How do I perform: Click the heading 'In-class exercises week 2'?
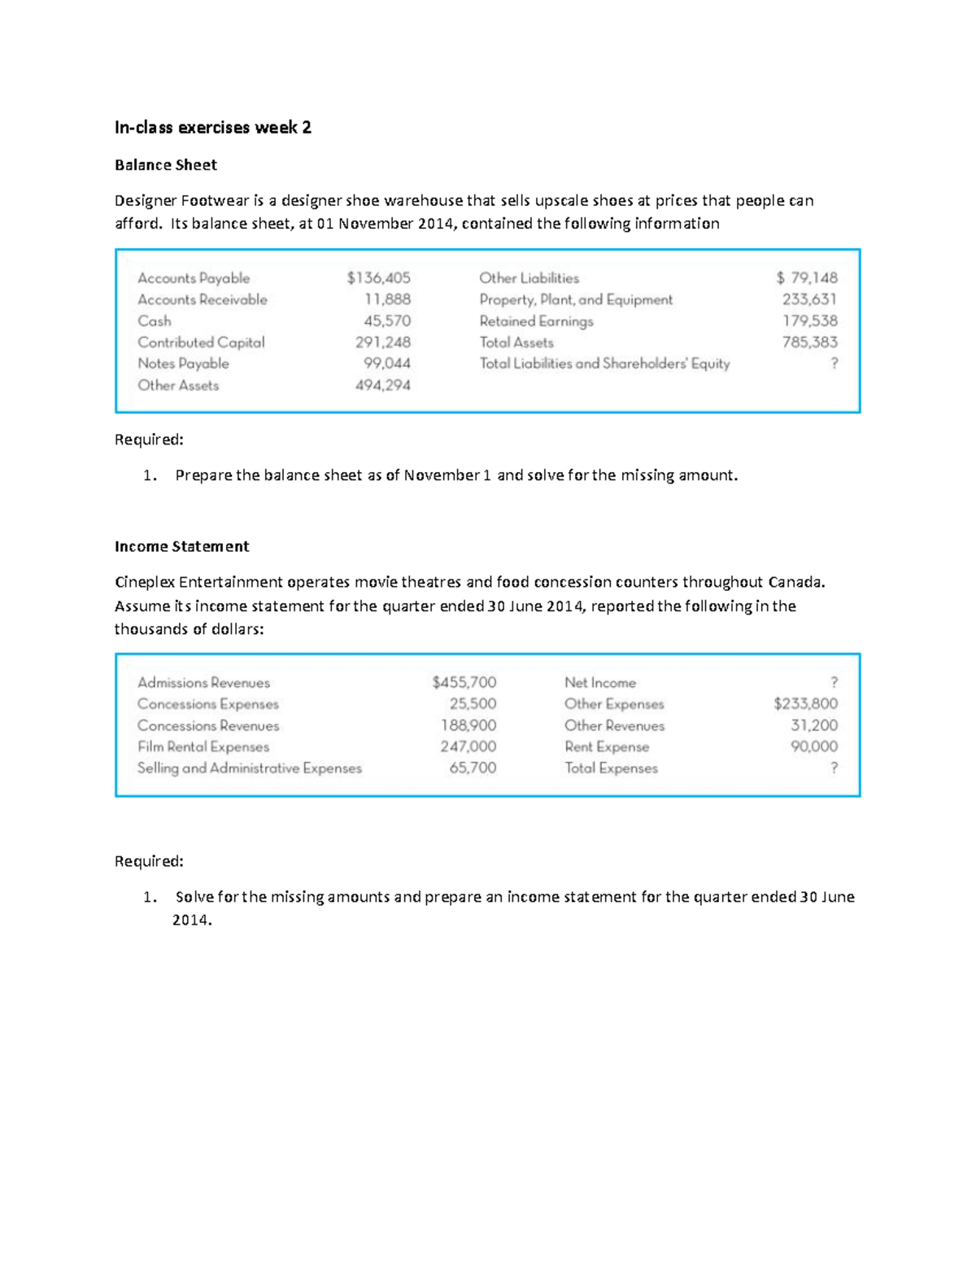pyautogui.click(x=212, y=127)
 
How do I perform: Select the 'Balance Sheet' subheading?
pyautogui.click(x=165, y=165)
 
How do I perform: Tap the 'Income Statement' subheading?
pyautogui.click(x=181, y=546)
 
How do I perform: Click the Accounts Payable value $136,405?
pyautogui.click(x=378, y=278)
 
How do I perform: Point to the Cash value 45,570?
pyautogui.click(x=387, y=321)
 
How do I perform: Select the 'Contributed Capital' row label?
pyautogui.click(x=201, y=343)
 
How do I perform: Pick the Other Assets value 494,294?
pyautogui.click(x=382, y=385)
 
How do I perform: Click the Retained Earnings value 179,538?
pyautogui.click(x=809, y=321)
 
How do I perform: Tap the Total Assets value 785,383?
pyautogui.click(x=809, y=343)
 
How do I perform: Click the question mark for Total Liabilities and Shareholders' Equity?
pyautogui.click(x=834, y=363)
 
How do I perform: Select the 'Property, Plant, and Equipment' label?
pyautogui.click(x=576, y=300)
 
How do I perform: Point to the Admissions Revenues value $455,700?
pyautogui.click(x=464, y=682)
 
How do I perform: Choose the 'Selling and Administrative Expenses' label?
pyautogui.click(x=249, y=768)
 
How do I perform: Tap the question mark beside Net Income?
pyautogui.click(x=834, y=682)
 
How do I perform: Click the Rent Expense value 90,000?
pyautogui.click(x=813, y=746)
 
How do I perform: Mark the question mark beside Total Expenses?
pyautogui.click(x=834, y=768)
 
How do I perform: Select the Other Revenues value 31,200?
pyautogui.click(x=814, y=725)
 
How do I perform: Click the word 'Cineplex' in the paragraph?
pyautogui.click(x=144, y=582)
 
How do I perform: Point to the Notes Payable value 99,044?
pyautogui.click(x=386, y=364)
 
